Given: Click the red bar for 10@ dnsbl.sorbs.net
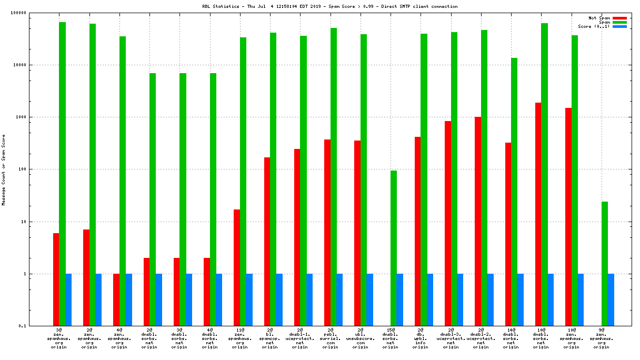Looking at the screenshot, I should (x=538, y=214).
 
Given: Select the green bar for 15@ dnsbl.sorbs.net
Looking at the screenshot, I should (x=394, y=248).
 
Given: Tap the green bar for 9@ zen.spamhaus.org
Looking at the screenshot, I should (x=605, y=264).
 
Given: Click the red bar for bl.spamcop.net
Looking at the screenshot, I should (x=267, y=242).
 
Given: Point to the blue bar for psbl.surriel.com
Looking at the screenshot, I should (x=339, y=299).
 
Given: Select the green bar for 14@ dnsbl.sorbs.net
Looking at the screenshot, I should (x=514, y=192).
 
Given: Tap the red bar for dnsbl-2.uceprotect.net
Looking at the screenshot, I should (x=478, y=221).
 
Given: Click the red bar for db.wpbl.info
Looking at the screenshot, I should (x=417, y=231).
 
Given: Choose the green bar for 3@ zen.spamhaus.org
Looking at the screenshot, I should (x=63, y=174).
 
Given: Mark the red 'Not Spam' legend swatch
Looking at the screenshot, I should (x=619, y=18).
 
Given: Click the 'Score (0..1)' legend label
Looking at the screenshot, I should (x=594, y=26).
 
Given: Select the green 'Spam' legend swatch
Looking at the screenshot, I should (x=619, y=22).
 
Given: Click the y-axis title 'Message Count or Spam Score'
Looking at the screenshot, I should (x=4, y=169).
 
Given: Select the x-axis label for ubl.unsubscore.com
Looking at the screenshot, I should (x=361, y=339).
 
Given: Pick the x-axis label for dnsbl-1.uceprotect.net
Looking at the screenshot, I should (x=300, y=339).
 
